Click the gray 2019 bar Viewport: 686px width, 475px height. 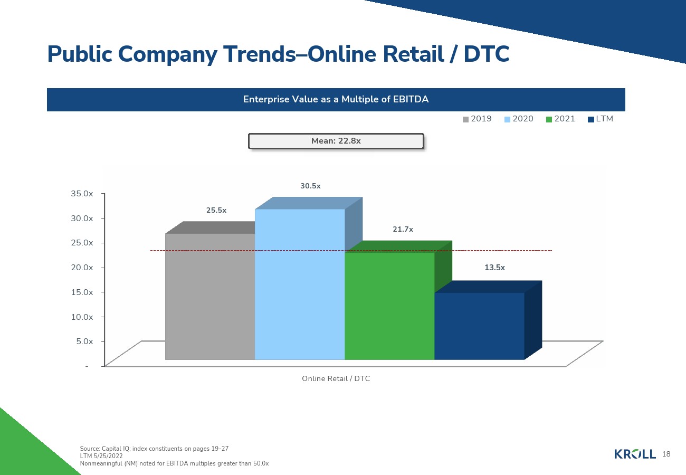[x=210, y=297]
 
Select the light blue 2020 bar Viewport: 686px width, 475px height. [x=300, y=284]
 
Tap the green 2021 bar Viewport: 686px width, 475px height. [x=389, y=306]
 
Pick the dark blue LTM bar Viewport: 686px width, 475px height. [x=480, y=326]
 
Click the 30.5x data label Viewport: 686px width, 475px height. [x=310, y=186]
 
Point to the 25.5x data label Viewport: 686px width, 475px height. [x=216, y=210]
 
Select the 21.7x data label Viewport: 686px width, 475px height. [x=403, y=229]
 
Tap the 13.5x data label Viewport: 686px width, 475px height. [x=494, y=268]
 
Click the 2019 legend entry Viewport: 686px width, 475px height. [x=477, y=119]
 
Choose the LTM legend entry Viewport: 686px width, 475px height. [x=601, y=119]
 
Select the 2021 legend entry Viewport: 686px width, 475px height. [x=560, y=119]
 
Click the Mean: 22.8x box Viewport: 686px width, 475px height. [x=336, y=141]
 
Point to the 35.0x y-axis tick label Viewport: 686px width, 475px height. [x=82, y=194]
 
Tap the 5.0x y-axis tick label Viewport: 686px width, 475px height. [x=84, y=341]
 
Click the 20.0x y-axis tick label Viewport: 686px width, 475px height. [x=82, y=268]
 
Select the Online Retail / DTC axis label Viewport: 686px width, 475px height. [x=336, y=378]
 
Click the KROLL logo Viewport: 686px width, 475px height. [x=635, y=454]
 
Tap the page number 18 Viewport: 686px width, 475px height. [x=666, y=454]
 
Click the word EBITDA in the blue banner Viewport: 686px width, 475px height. [x=411, y=99]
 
